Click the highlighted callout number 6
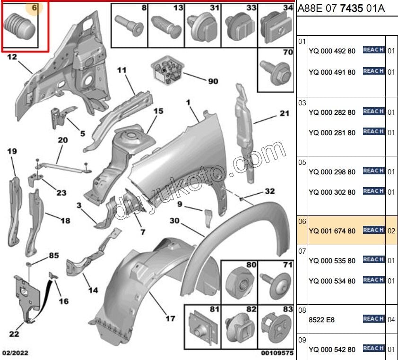click(34, 8)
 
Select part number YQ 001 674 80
click(332, 231)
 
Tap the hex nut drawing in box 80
click(240, 283)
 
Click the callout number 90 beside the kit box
click(213, 81)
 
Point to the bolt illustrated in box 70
click(276, 72)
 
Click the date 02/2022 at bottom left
click(16, 353)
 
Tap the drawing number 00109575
click(277, 353)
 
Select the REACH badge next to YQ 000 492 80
click(373, 50)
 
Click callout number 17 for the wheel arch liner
click(170, 318)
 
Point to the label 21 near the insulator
click(284, 113)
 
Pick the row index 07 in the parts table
click(302, 251)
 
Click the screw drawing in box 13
click(166, 27)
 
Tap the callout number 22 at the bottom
click(14, 334)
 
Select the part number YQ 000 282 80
click(332, 112)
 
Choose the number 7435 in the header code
click(351, 9)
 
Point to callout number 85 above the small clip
click(54, 255)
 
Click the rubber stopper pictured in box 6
click(19, 26)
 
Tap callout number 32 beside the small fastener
click(269, 191)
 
